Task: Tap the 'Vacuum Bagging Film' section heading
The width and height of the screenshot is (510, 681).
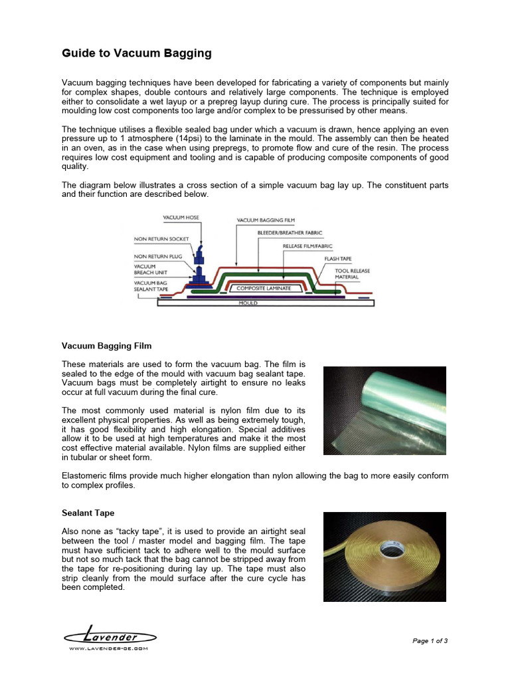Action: click(106, 346)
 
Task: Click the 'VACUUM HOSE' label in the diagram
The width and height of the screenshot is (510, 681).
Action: click(181, 217)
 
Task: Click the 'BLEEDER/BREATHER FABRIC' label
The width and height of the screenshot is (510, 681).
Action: click(290, 233)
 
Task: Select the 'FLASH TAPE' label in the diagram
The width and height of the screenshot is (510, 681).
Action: click(339, 258)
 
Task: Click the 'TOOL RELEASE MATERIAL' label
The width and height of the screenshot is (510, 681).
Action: click(353, 274)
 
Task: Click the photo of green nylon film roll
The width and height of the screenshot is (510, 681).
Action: click(384, 410)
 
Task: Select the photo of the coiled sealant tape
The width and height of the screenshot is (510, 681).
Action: click(384, 556)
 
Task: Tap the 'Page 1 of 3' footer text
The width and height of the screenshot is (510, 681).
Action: click(430, 641)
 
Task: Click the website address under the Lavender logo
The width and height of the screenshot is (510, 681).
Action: click(109, 648)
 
